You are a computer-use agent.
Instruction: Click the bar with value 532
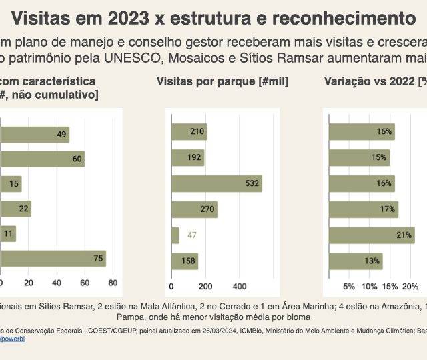(216, 183)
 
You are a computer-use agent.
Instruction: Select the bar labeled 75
(53, 259)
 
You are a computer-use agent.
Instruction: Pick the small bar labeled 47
(175, 235)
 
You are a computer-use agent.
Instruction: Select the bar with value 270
(194, 209)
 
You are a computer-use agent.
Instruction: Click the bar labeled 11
(7, 234)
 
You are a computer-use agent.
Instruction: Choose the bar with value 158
(185, 261)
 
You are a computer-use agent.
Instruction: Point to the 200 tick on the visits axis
(205, 287)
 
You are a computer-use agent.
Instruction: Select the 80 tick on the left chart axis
(113, 283)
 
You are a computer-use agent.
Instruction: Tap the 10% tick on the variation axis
(369, 287)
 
